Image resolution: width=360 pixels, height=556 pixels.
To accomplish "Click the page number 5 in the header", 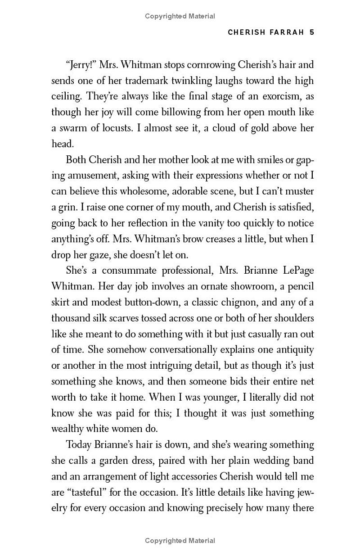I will pyautogui.click(x=311, y=32).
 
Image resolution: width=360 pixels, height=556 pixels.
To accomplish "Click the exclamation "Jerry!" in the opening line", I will pyautogui.click(x=81, y=64).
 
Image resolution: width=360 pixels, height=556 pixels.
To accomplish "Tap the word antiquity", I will pyautogui.click(x=293, y=350).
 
